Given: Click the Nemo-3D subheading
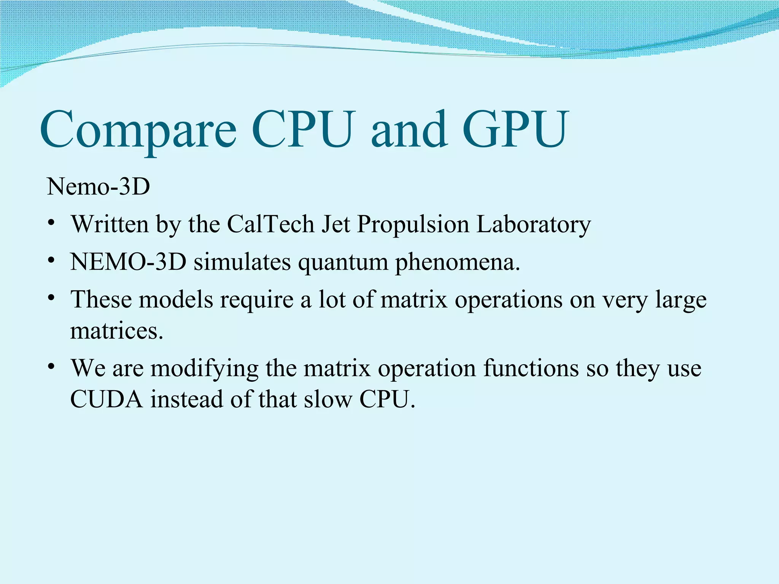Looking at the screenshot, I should pos(99,187).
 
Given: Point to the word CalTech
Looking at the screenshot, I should pos(270,224).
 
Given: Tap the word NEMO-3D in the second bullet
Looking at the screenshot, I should pos(128,262).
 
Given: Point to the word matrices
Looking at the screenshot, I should pos(117,331).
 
